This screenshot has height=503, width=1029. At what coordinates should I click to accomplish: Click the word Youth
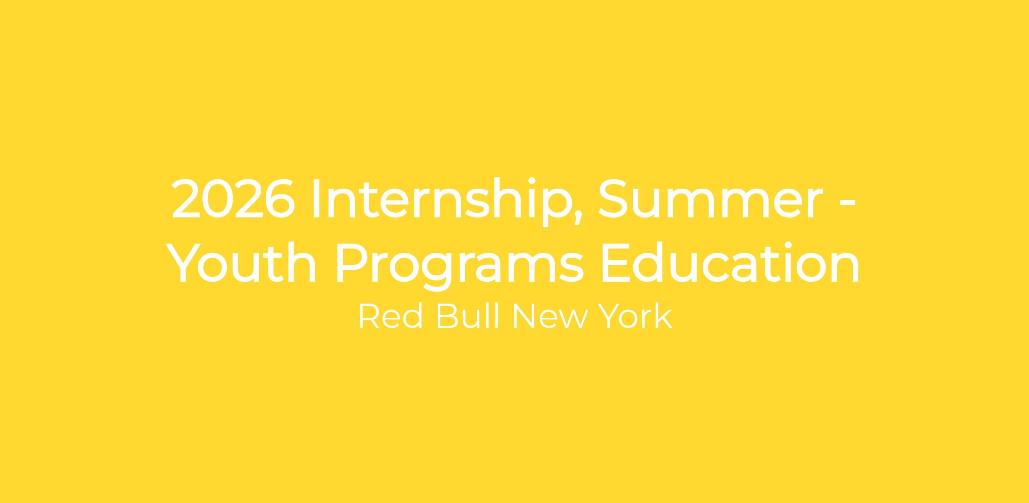241,263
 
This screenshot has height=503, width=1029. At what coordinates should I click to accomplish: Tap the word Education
731,263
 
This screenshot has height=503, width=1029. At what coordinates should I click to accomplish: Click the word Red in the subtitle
390,316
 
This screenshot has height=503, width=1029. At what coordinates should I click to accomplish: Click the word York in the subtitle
635,316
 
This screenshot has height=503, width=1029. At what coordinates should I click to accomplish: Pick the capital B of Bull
447,317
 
